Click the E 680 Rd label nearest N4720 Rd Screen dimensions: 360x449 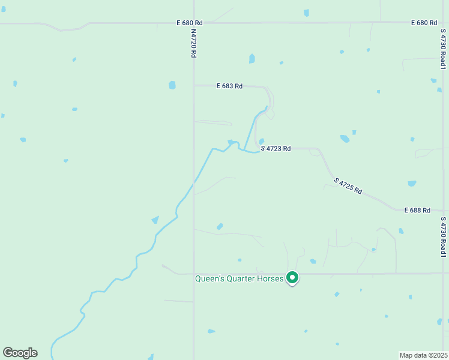point(190,23)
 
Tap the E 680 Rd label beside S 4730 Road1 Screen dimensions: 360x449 point(424,23)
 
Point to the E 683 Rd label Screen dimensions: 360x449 point(229,86)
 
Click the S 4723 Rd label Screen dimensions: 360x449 point(276,148)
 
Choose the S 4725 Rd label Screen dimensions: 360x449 point(349,186)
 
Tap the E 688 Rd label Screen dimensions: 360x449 point(417,211)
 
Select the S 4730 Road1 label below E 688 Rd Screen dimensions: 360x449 point(443,238)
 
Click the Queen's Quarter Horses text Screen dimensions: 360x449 point(239,278)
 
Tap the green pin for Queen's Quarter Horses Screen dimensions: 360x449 point(292,278)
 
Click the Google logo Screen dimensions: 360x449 point(20,353)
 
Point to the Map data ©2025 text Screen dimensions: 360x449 point(424,355)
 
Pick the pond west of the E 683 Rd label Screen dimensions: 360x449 point(172,85)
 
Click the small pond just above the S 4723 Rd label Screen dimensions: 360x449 point(261,142)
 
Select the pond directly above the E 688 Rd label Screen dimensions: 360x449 point(412,184)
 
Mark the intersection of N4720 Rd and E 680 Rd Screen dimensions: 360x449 point(193,23)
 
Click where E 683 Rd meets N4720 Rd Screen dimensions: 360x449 point(193,86)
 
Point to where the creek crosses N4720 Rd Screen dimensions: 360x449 point(193,181)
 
